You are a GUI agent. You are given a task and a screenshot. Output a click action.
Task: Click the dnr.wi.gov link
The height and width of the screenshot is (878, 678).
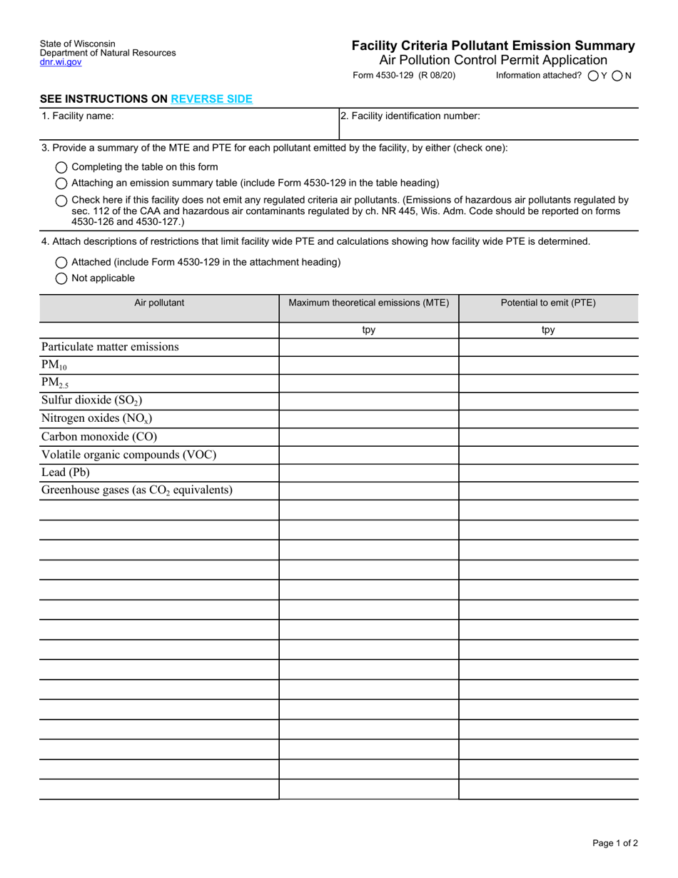(61, 63)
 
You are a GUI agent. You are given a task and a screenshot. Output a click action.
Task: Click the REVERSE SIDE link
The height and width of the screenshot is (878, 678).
(211, 99)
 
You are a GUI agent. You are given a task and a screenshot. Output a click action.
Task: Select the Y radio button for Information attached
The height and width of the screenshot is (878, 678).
(593, 76)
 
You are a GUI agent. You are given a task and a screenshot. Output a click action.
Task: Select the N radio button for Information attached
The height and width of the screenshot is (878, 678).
(618, 76)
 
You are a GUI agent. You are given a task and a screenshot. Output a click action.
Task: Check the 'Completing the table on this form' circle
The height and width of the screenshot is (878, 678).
(61, 167)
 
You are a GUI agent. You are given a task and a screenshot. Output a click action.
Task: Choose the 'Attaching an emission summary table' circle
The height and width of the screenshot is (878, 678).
(61, 183)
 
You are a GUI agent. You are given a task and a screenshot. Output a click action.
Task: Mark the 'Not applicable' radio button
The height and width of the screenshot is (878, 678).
(61, 278)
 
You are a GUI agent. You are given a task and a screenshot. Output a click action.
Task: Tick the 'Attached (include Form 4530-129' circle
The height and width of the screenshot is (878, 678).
(61, 262)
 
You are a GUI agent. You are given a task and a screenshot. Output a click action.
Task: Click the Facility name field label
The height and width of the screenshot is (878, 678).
(78, 116)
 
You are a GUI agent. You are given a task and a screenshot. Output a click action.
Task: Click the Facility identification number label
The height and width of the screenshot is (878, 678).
(410, 116)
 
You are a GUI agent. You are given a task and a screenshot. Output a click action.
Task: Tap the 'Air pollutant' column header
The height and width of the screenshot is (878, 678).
(159, 303)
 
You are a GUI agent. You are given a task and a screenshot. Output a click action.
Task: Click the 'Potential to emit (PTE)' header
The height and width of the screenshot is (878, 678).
(548, 303)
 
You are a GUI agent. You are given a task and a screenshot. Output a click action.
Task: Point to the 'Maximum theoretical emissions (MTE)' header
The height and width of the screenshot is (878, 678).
(368, 303)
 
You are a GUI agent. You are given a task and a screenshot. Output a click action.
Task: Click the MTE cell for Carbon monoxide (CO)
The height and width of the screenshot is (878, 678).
(368, 437)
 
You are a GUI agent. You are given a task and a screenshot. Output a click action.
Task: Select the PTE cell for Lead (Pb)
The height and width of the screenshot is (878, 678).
(548, 473)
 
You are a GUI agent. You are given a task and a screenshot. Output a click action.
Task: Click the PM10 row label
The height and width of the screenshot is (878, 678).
(54, 365)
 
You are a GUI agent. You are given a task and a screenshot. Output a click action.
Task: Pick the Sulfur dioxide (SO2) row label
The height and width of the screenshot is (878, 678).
(86, 400)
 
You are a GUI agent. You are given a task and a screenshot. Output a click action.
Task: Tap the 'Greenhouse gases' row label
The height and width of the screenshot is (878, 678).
(136, 490)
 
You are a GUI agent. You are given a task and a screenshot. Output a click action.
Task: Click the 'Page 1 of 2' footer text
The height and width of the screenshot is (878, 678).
(615, 843)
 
